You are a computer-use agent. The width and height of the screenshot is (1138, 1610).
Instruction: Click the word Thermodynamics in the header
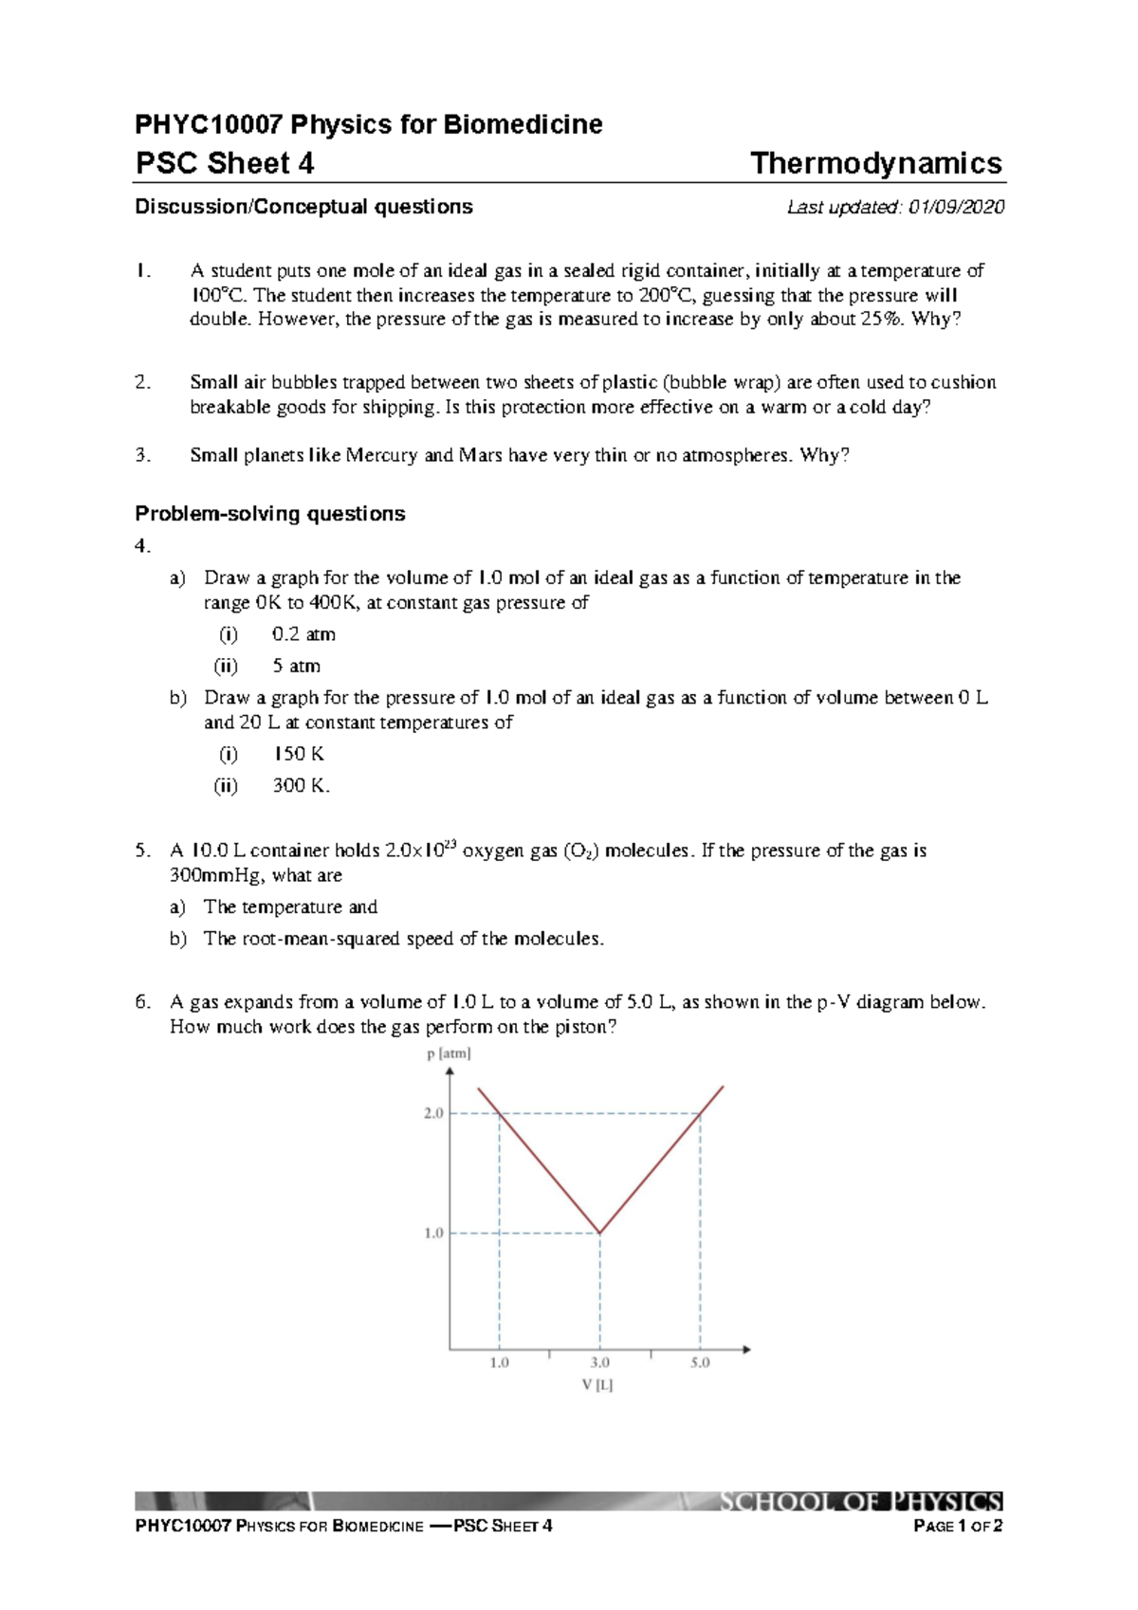click(875, 163)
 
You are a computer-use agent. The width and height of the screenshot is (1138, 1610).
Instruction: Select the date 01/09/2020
click(956, 207)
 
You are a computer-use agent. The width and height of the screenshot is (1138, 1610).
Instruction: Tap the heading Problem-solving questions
click(270, 514)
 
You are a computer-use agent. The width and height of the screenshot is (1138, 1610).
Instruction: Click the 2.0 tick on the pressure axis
click(433, 1113)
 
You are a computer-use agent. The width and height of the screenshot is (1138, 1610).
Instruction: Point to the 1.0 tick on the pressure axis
click(433, 1234)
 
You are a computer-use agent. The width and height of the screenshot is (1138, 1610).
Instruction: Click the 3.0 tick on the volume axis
click(599, 1363)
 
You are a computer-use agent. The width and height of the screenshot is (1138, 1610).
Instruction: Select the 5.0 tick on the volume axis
click(700, 1363)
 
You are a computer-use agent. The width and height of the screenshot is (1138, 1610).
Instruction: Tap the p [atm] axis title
click(449, 1053)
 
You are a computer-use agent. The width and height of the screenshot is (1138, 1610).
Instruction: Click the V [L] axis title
click(597, 1385)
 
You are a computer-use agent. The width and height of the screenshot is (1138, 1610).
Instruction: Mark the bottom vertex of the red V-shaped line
click(599, 1233)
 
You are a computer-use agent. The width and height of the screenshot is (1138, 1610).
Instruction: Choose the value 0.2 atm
click(303, 634)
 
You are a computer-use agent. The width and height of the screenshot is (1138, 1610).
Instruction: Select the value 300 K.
click(301, 785)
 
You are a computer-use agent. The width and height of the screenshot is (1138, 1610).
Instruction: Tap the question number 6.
click(142, 1002)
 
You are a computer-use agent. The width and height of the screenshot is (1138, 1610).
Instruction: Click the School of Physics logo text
click(859, 1502)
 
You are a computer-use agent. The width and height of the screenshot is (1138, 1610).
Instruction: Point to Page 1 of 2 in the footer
click(957, 1527)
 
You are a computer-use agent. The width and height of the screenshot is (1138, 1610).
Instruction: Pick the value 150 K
click(299, 754)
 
